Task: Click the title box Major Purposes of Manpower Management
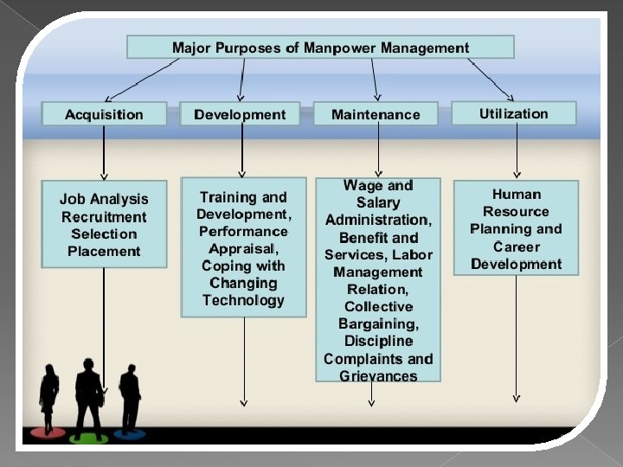coord(320,48)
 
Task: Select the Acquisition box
coord(104,114)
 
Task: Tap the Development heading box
coord(240,114)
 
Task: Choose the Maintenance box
coord(376,114)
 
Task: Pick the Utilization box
coord(514,113)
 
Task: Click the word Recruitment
coord(104,217)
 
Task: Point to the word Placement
coord(104,252)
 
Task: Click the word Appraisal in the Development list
coord(242,248)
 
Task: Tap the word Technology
coord(243,300)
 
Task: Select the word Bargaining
coord(378,323)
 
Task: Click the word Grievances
coord(378,375)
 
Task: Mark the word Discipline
coord(378,341)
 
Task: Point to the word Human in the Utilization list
coord(516,195)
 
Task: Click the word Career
coord(516,246)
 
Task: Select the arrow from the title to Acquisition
coord(138,79)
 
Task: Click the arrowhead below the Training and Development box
coord(243,400)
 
